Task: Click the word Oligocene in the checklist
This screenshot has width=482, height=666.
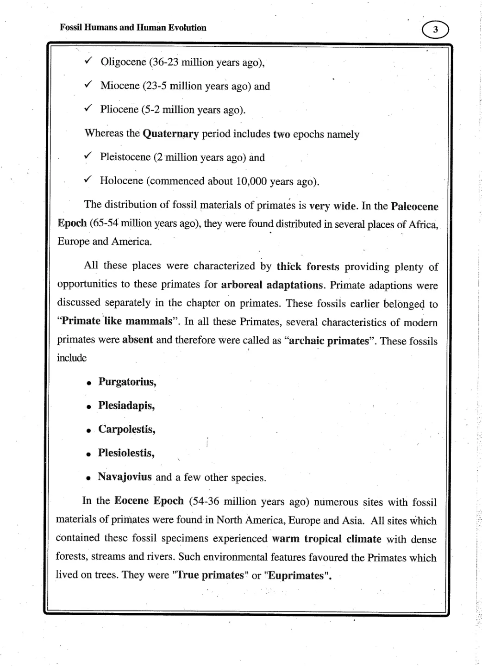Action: click(x=123, y=62)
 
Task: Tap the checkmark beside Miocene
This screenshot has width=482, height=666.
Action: click(x=89, y=85)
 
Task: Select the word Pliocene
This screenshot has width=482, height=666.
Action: click(x=119, y=110)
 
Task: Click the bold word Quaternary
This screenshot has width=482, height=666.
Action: click(x=171, y=134)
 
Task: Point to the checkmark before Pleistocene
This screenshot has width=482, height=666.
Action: click(x=89, y=156)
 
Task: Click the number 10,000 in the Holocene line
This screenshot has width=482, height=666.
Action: click(x=251, y=181)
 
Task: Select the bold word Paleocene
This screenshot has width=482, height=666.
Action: click(x=414, y=206)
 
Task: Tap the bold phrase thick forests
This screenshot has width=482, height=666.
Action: click(x=308, y=267)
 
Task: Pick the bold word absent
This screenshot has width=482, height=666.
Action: click(x=138, y=340)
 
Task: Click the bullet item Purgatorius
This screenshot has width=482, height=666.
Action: click(x=127, y=382)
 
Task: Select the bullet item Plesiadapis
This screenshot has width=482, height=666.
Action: click(x=126, y=406)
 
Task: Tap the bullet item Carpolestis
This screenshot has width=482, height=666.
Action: click(x=126, y=429)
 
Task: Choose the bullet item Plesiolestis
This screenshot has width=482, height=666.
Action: click(x=126, y=453)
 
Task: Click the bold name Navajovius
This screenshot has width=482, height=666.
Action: click(x=125, y=477)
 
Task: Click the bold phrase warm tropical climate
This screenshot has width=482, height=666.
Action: click(x=326, y=539)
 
